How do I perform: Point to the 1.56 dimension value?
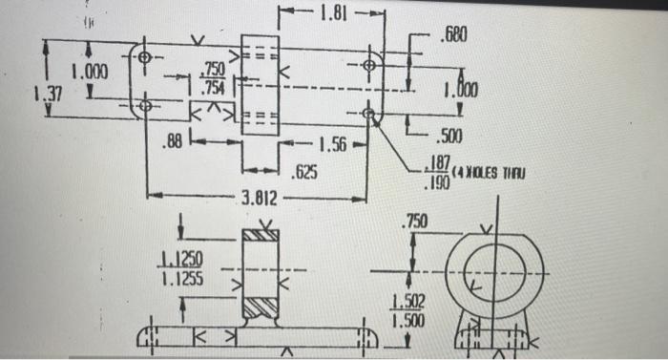(x=331, y=145)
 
